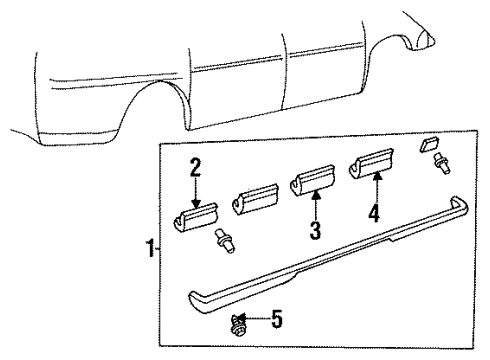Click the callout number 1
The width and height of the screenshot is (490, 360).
click(149, 248)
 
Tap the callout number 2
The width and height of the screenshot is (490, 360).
click(196, 165)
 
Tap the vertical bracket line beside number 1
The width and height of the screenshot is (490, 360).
click(158, 248)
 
